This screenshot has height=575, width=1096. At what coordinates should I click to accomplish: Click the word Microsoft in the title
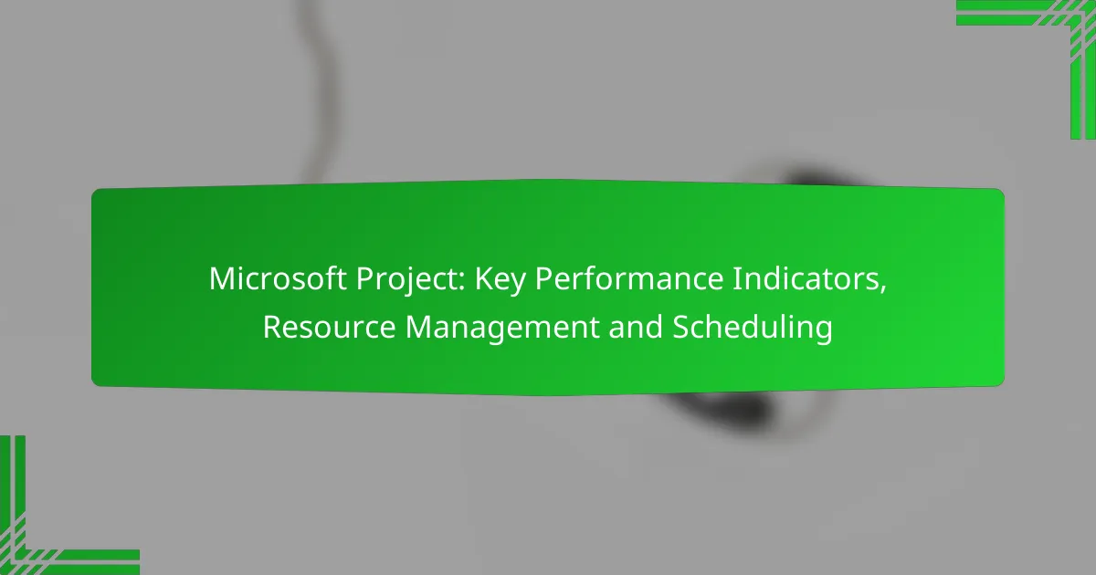pos(278,278)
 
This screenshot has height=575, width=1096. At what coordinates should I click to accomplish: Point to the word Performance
pos(628,278)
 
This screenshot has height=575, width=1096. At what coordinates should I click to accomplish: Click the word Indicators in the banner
pos(805,278)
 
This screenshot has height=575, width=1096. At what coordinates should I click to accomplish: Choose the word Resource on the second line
pos(330,327)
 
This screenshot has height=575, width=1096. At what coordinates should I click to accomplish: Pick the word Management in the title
pos(502,329)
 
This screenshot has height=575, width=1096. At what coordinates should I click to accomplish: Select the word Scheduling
pos(753,329)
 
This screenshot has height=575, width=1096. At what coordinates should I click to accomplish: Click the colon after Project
pos(461,282)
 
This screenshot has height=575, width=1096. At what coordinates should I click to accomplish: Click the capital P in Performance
pos(543,278)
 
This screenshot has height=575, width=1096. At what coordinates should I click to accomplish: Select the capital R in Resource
pos(272,327)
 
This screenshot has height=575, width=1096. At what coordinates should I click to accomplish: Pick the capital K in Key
pos(484,278)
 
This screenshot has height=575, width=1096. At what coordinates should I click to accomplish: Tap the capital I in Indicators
pos(736,278)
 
